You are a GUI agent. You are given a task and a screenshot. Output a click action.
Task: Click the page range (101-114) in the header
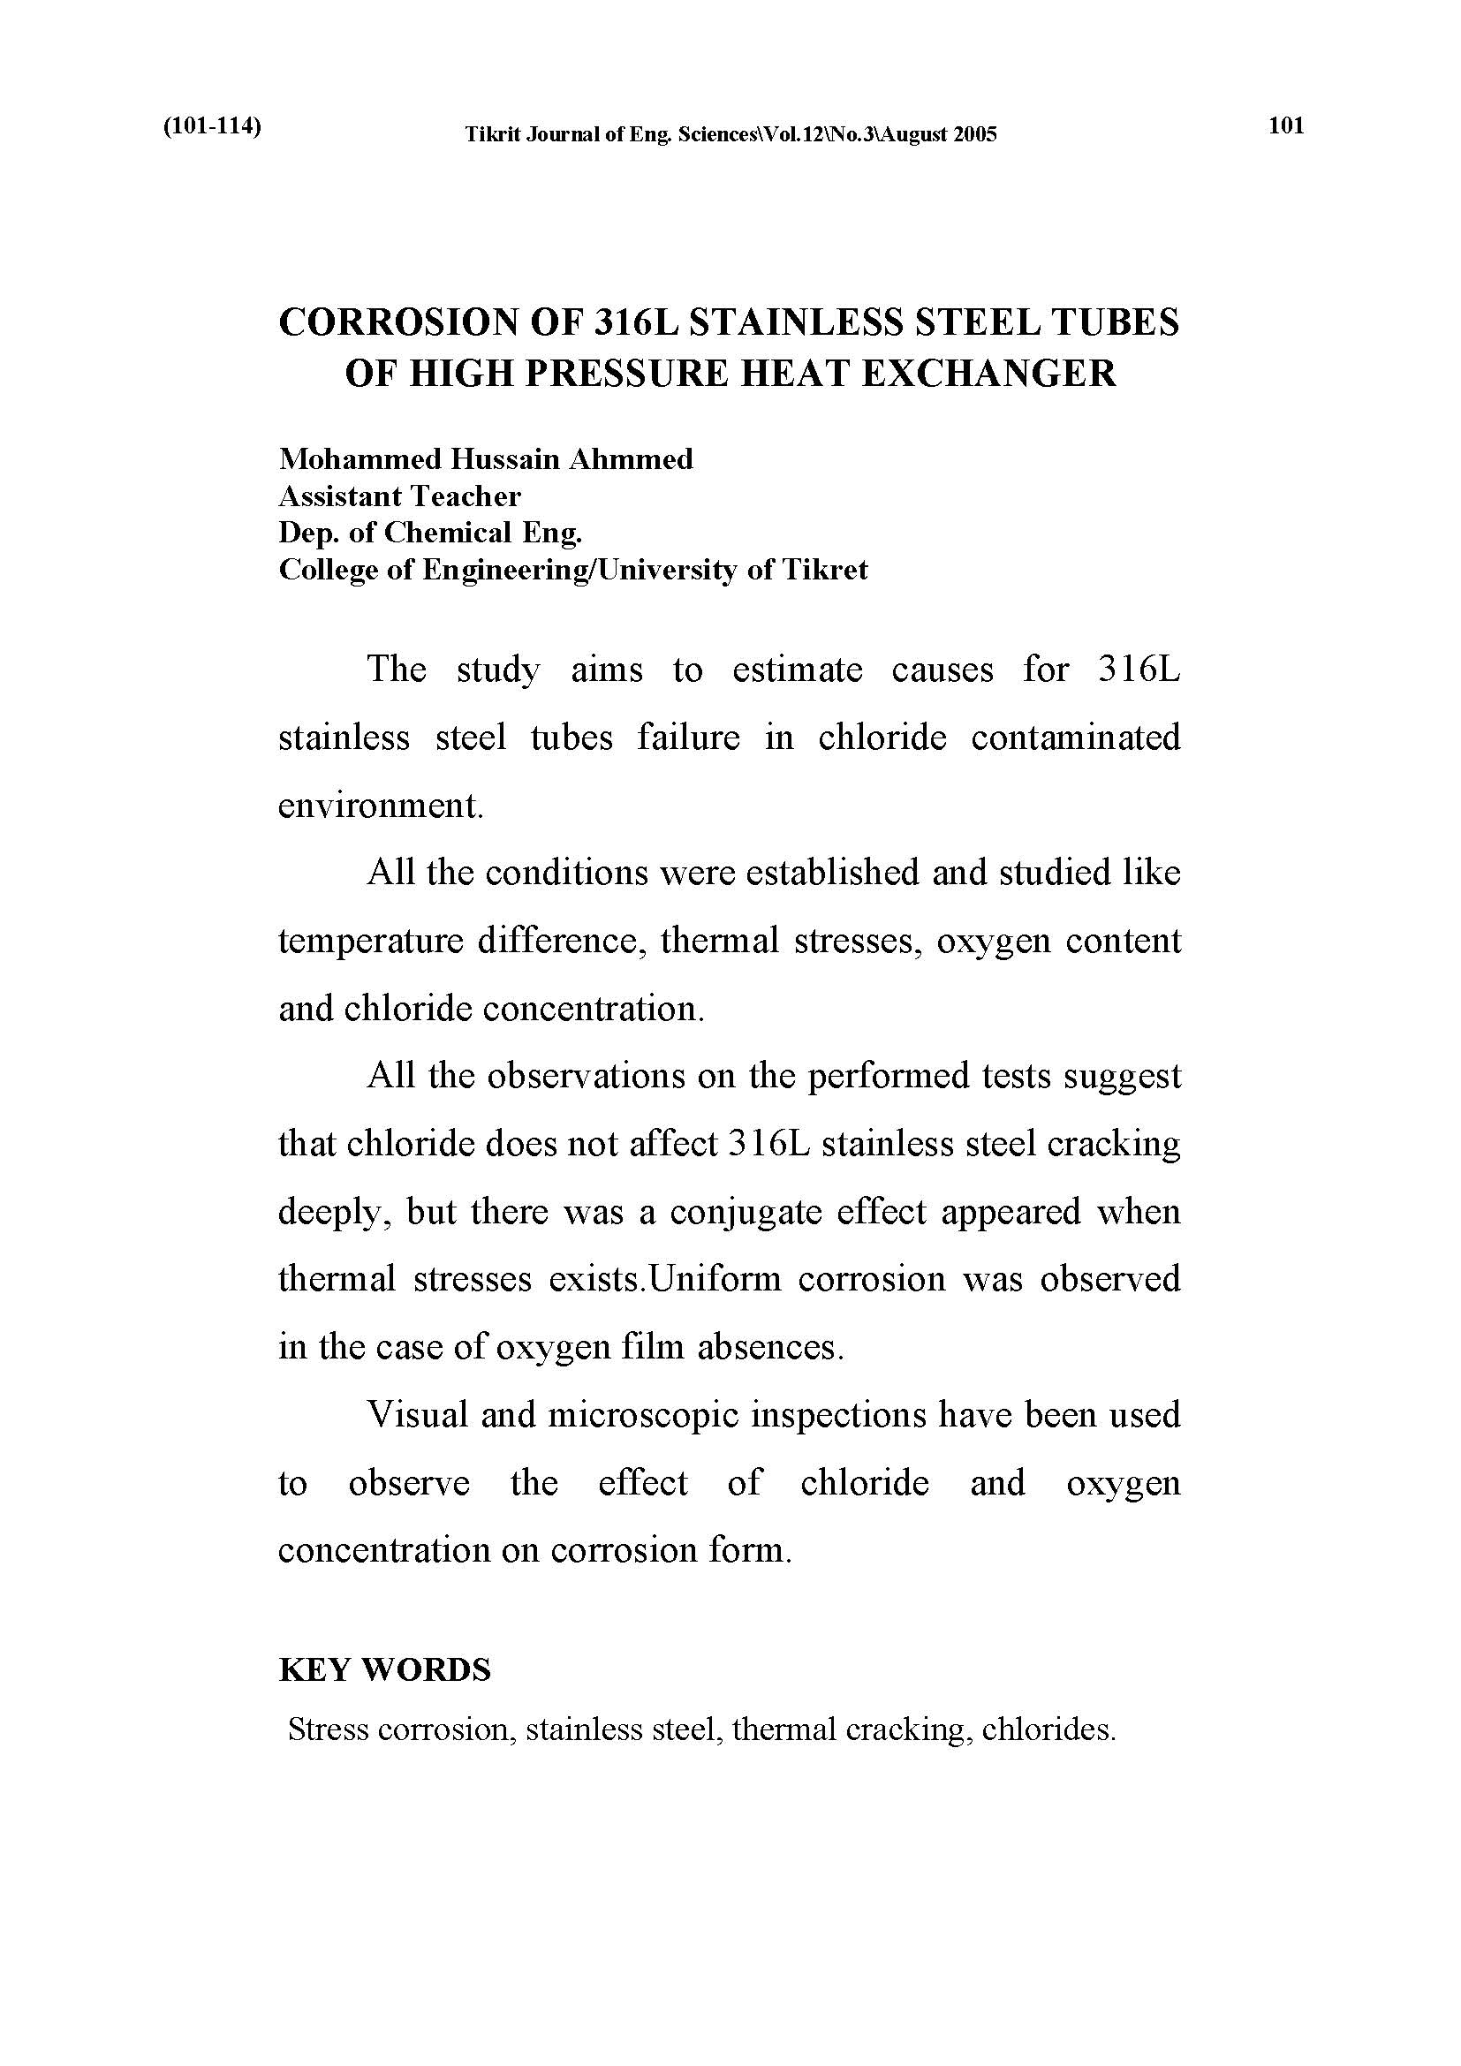pyautogui.click(x=212, y=126)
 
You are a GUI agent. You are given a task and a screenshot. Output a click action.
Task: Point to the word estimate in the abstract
pyautogui.click(x=797, y=670)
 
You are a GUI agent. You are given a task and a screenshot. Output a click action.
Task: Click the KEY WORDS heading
pyautogui.click(x=385, y=1670)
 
